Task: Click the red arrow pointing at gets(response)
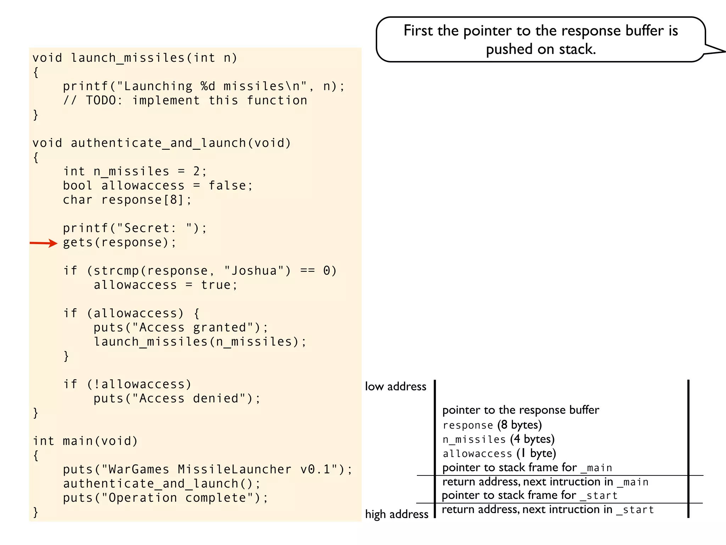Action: (x=43, y=243)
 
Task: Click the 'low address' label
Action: (x=395, y=386)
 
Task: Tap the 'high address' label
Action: (x=396, y=514)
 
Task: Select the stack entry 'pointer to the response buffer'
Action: (x=520, y=410)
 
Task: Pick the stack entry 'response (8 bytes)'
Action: (x=492, y=425)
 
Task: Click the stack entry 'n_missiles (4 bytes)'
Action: (x=498, y=439)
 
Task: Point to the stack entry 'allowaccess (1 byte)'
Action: (x=499, y=453)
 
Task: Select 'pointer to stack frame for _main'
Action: (x=527, y=468)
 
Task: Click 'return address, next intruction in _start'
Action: (x=548, y=510)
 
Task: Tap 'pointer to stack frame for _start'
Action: (x=530, y=495)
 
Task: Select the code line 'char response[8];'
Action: (x=127, y=200)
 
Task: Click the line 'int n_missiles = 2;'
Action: (x=135, y=172)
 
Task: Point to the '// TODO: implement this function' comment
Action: (x=185, y=101)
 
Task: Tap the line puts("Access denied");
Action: (x=177, y=399)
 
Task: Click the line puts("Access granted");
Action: (x=181, y=328)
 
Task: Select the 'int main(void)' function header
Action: (x=85, y=441)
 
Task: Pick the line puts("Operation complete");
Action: (x=166, y=498)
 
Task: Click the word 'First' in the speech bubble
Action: (x=418, y=31)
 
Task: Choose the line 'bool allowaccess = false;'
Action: (x=158, y=186)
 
